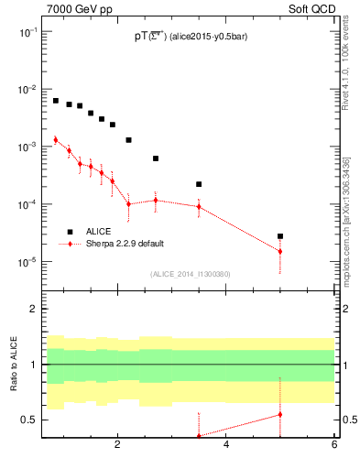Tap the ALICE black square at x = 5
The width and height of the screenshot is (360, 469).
click(280, 236)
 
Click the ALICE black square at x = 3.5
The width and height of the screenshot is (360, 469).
click(199, 184)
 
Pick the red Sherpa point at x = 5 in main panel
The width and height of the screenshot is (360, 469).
click(280, 251)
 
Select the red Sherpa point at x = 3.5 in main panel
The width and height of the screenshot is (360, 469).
click(199, 206)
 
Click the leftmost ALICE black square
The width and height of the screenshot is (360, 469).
click(56, 101)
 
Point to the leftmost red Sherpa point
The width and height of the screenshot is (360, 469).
click(56, 139)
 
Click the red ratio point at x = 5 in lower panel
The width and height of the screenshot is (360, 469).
click(280, 414)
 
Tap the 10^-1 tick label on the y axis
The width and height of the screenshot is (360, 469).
click(29, 31)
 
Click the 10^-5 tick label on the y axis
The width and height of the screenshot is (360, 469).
click(29, 262)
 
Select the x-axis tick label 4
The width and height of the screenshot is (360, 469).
click(226, 447)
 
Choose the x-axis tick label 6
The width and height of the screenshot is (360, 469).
click(334, 447)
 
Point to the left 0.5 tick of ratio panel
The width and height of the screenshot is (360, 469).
click(31, 420)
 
